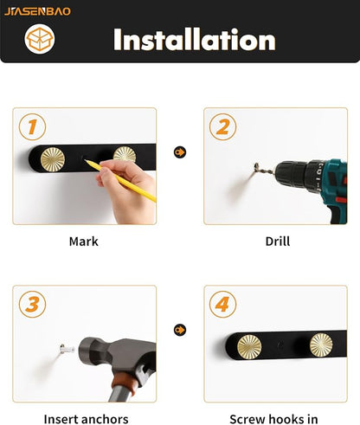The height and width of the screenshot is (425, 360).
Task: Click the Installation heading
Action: pyautogui.click(x=195, y=40)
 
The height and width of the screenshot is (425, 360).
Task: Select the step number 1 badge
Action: pyautogui.click(x=32, y=127)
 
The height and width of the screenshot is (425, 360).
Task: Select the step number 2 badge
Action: pyautogui.click(x=222, y=127)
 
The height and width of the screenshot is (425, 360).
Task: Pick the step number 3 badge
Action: pyautogui.click(x=32, y=305)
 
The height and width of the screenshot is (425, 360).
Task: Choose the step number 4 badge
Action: pyautogui.click(x=222, y=305)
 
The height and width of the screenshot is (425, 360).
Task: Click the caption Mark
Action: pyautogui.click(x=84, y=241)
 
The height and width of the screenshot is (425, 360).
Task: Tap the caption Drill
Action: pyautogui.click(x=277, y=241)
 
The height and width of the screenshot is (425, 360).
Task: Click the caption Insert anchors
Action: pyautogui.click(x=86, y=419)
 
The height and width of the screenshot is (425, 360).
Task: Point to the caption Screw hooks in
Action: pyautogui.click(x=273, y=419)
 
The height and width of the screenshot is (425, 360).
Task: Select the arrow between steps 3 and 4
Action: pyautogui.click(x=180, y=330)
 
